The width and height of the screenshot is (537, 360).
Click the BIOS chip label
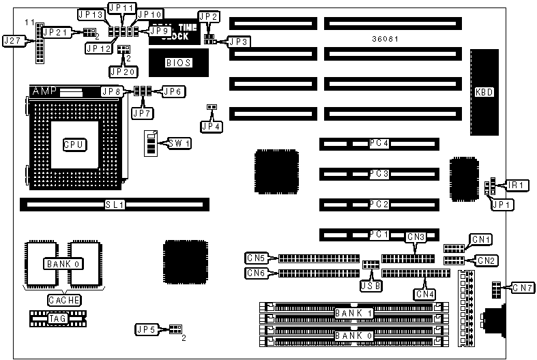coord(179,63)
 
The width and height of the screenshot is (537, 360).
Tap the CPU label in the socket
coord(74,144)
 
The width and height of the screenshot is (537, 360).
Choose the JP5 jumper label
coord(148,329)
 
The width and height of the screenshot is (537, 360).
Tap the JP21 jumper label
coord(55,32)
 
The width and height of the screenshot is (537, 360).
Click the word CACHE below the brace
coord(64,300)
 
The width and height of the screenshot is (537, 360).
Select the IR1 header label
coord(517,185)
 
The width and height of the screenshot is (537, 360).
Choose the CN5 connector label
coord(256,258)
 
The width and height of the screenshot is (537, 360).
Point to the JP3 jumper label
coord(239,42)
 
